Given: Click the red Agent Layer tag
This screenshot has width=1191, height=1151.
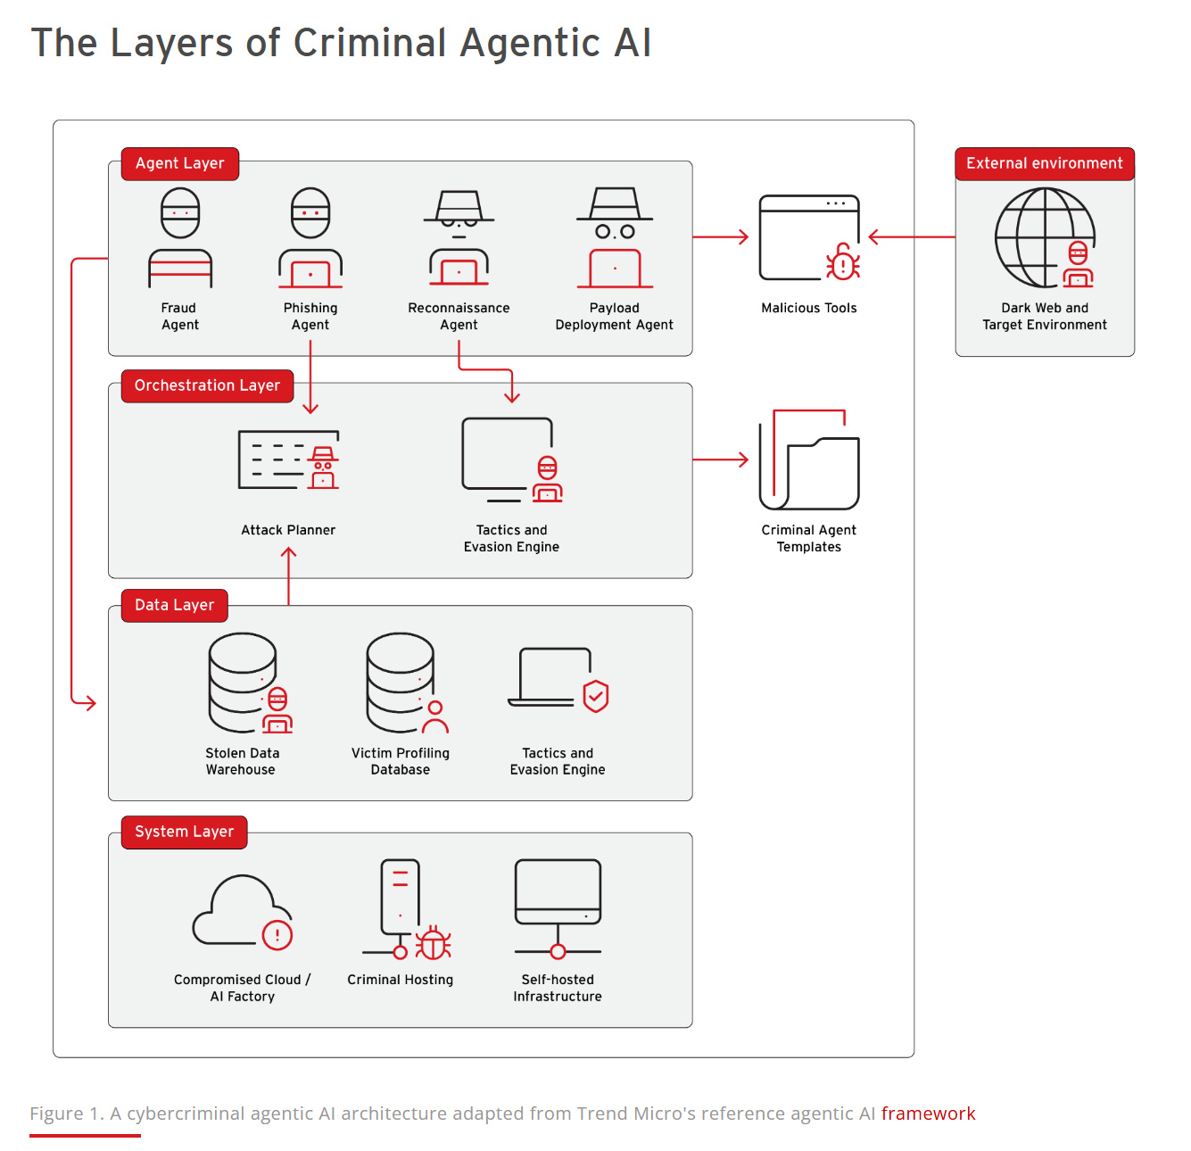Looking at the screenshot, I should (179, 164).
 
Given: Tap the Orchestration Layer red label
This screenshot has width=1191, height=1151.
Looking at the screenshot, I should (207, 386).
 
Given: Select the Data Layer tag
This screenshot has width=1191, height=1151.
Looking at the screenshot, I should (174, 606).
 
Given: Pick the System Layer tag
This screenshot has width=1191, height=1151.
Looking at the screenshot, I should (184, 832).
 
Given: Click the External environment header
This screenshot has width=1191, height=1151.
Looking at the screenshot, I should (1044, 164).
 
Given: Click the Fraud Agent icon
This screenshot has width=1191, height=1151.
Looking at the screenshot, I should (180, 238).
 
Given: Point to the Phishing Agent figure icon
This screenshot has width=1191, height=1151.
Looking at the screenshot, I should (310, 238).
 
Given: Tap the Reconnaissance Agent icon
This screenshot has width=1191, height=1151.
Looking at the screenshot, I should (459, 238).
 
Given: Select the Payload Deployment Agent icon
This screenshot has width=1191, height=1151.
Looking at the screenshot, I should (615, 238).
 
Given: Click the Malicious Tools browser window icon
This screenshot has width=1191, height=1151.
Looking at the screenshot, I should (809, 238).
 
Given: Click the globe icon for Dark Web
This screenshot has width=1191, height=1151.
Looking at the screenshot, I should (1044, 238).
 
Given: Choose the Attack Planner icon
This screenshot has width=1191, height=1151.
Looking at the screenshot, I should (288, 460).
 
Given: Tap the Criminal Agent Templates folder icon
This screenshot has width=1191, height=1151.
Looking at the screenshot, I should (809, 460).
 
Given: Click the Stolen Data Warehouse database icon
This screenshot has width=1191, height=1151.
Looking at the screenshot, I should (248, 683).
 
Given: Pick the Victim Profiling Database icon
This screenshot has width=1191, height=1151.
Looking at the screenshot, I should (405, 683).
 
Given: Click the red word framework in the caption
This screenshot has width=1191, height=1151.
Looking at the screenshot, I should (928, 1114).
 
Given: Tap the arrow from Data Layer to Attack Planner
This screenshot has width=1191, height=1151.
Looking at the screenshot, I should (288, 576).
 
